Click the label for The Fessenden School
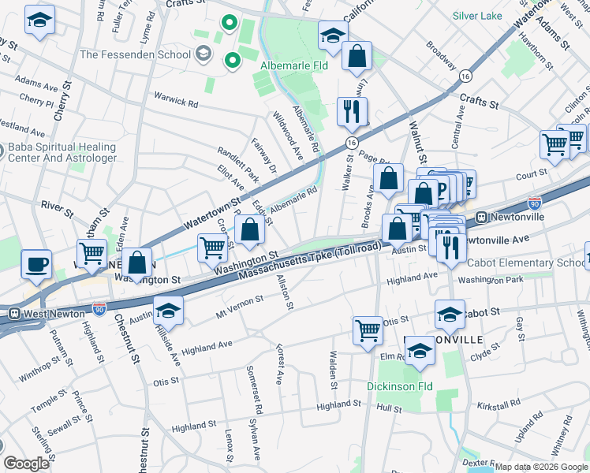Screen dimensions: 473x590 click(x=135, y=55)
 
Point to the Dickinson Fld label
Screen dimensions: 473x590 click(x=400, y=387)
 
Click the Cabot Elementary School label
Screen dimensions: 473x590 click(x=526, y=263)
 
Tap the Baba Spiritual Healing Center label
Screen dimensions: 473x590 click(x=62, y=152)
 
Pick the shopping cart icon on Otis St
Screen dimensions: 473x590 click(x=368, y=330)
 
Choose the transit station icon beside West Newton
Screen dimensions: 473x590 click(x=13, y=314)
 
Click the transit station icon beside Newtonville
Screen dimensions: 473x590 click(x=480, y=217)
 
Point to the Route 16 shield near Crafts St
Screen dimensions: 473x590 click(x=466, y=76)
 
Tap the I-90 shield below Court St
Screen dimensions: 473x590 click(x=534, y=203)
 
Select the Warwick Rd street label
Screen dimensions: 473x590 click(x=176, y=101)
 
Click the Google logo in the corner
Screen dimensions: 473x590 click(x=26, y=464)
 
